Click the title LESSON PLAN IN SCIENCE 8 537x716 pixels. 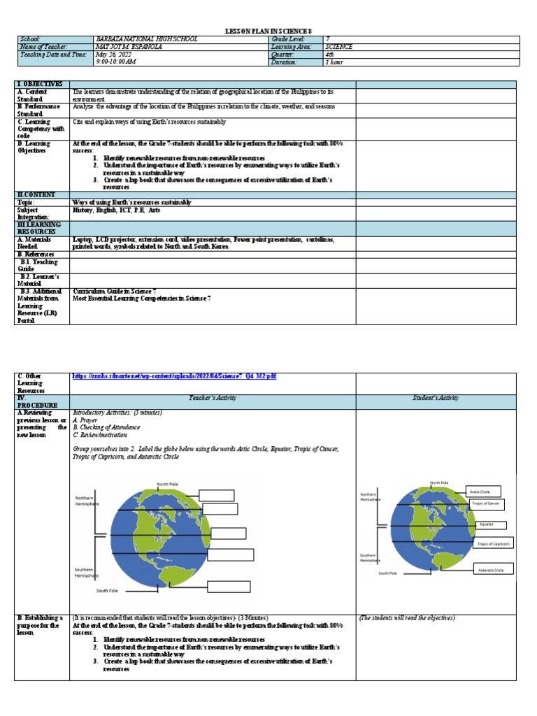pos(268,31)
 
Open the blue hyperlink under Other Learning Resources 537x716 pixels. pos(174,376)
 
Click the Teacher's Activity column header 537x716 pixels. pos(213,398)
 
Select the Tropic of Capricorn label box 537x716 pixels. pos(493,543)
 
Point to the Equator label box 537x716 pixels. pos(486,524)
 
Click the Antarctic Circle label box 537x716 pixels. pos(493,570)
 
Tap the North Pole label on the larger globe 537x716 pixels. pos(167,484)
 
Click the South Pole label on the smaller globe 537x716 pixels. pos(388,573)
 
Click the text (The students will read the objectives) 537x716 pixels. pos(407,618)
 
